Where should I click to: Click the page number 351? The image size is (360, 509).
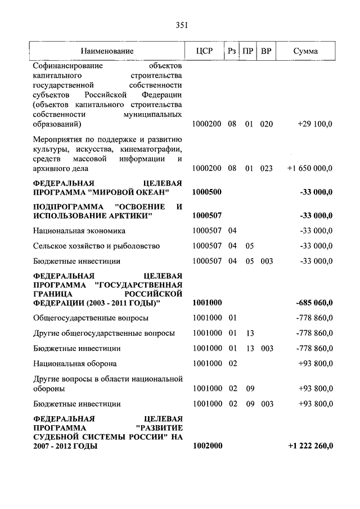[x=181, y=25]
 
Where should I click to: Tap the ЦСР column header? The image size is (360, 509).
[x=205, y=51]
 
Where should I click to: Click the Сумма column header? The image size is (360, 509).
[x=305, y=51]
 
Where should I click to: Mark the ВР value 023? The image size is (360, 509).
[x=266, y=168]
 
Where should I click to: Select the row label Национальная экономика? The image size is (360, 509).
[x=79, y=231]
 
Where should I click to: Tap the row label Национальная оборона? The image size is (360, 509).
[x=75, y=364]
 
